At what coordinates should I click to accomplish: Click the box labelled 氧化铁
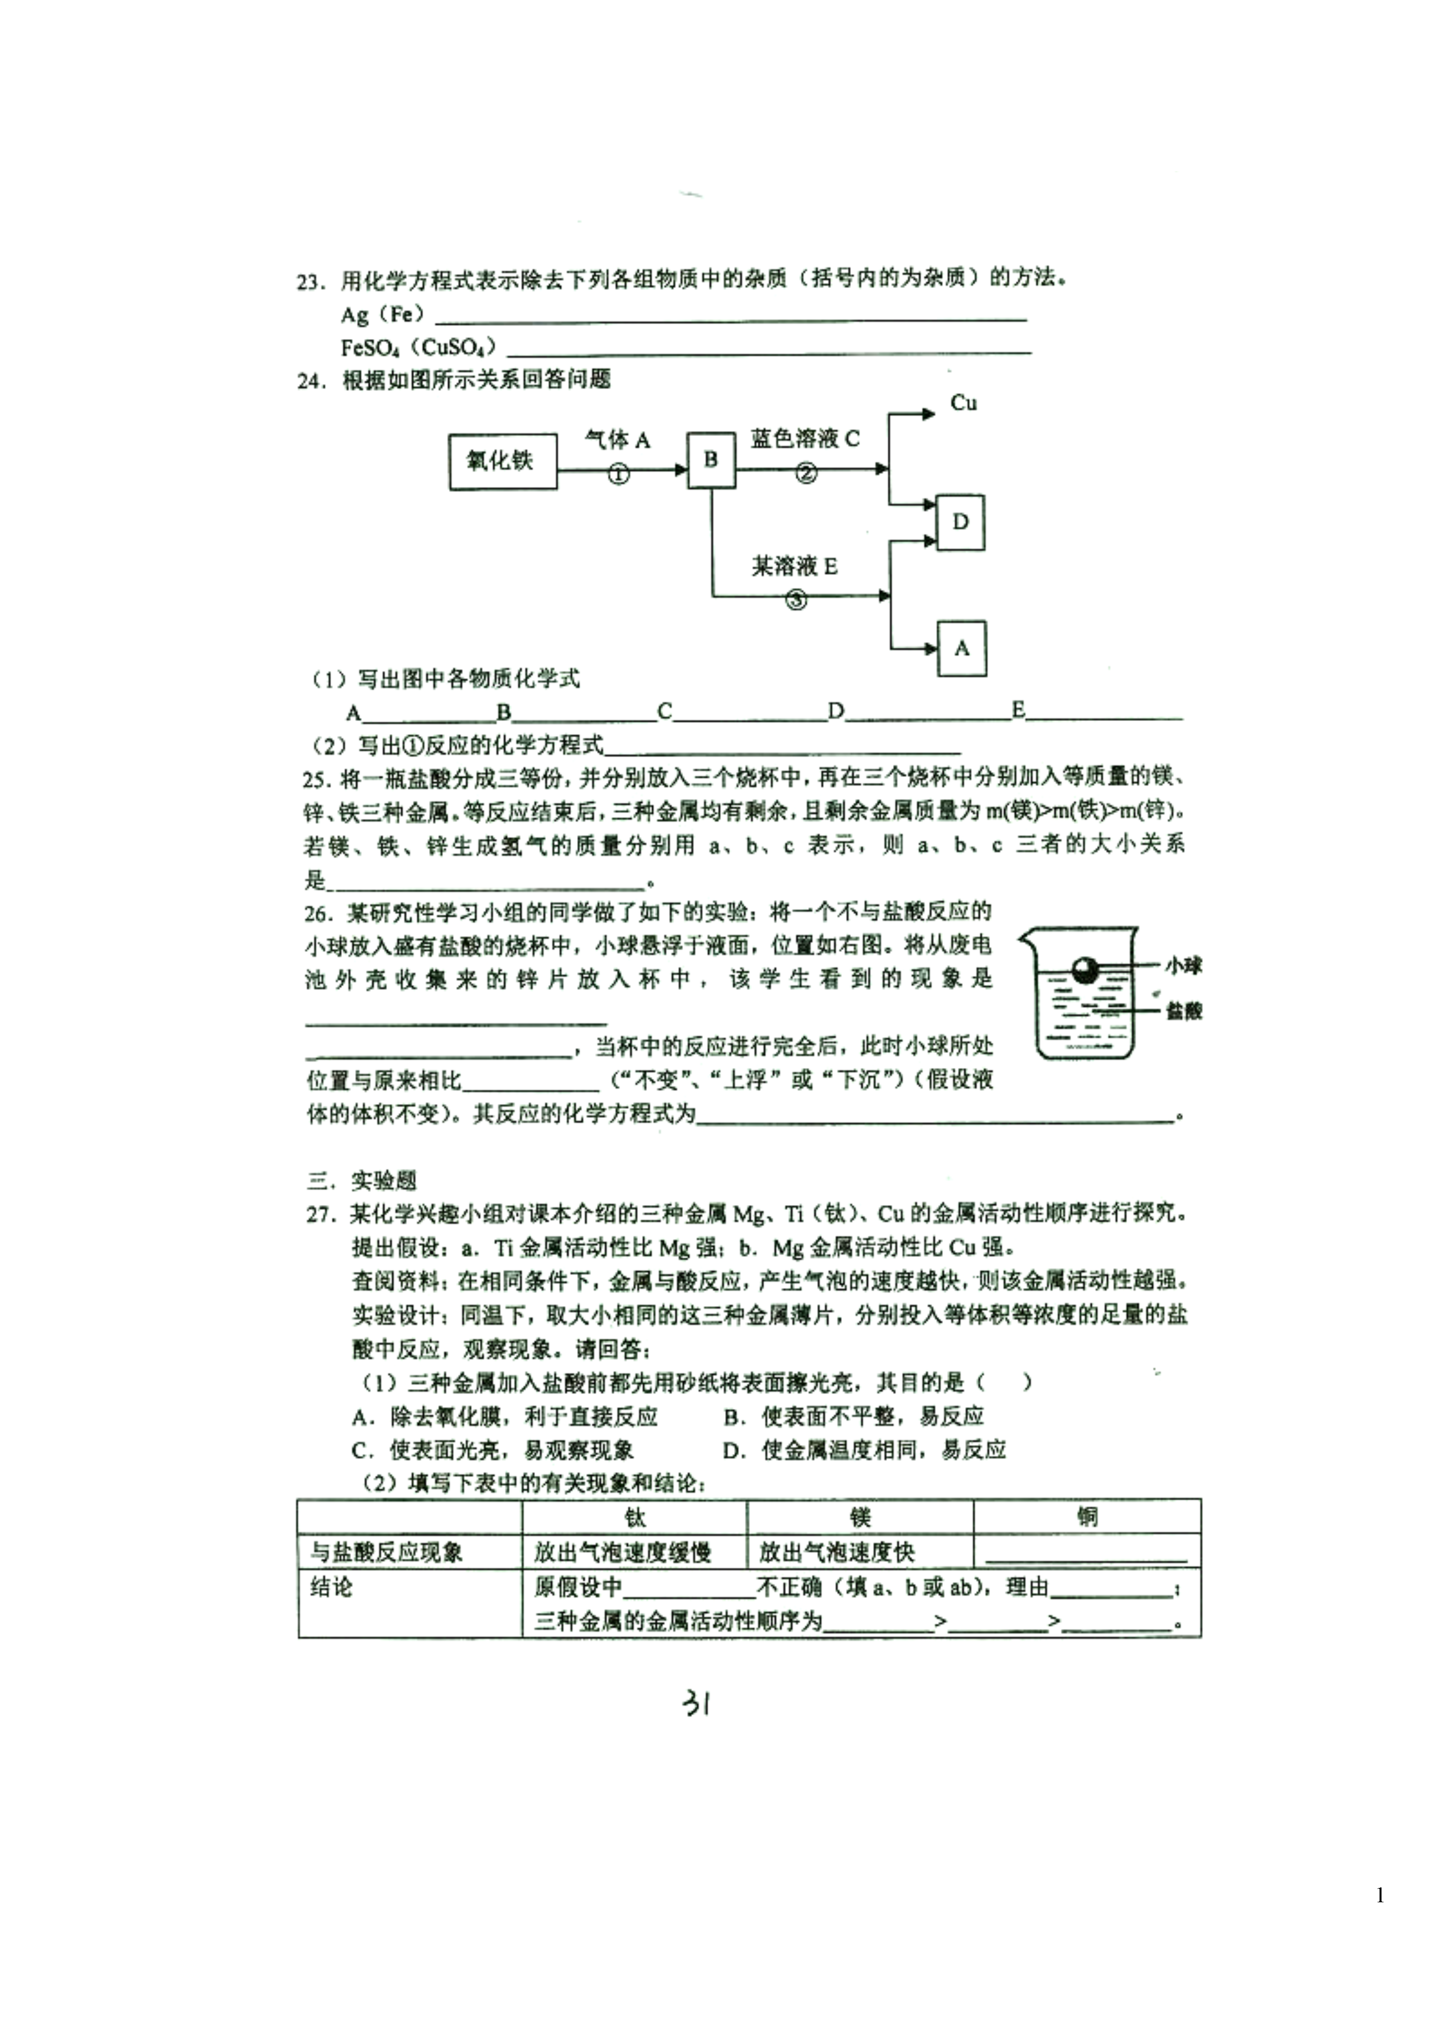tap(503, 461)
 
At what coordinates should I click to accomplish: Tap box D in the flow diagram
tap(960, 523)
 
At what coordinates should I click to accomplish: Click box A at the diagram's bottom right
tap(962, 649)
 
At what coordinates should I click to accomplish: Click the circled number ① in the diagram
tap(619, 475)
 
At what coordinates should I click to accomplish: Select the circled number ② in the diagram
tap(806, 474)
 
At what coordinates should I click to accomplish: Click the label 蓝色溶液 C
tap(805, 438)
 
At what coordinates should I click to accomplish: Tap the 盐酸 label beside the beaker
tap(1184, 1011)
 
